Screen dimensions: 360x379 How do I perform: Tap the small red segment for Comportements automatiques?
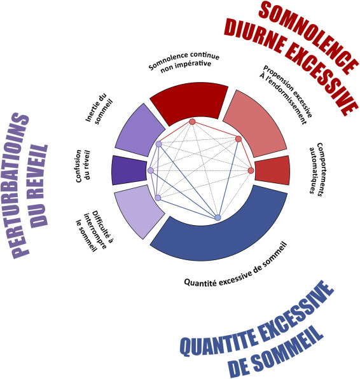point(273,170)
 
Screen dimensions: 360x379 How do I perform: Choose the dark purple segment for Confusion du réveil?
point(129,170)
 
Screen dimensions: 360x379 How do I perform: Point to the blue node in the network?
point(218,217)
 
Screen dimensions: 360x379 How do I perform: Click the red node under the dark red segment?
point(192,121)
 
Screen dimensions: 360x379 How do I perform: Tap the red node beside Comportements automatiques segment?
point(251,170)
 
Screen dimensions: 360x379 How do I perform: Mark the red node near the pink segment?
point(239,139)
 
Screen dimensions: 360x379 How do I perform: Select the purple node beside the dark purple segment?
point(151,170)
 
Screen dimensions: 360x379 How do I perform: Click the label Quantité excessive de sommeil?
point(236,265)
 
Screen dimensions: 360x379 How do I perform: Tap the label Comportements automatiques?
point(317,169)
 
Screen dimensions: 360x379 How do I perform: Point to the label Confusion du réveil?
point(82,166)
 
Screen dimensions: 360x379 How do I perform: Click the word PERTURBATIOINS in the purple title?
point(20,185)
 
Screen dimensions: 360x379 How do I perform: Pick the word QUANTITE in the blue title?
point(218,338)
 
